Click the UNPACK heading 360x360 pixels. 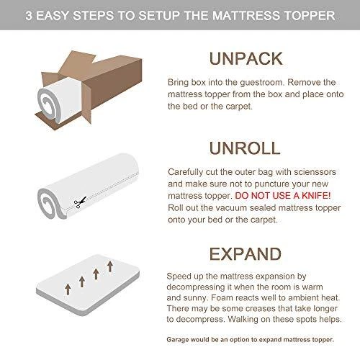pos(246,58)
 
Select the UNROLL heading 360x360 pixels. pos(245,148)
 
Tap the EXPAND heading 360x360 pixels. pos(246,254)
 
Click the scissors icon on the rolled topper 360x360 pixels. pos(80,202)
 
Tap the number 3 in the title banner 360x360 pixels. pos(29,16)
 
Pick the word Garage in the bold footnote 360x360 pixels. pos(176,340)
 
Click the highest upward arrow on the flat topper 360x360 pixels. pos(110,266)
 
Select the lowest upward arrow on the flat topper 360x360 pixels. pos(68,289)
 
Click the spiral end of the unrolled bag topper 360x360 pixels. pos(50,204)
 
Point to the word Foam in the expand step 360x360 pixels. pos(220,298)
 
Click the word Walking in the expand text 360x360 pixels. pos(242,320)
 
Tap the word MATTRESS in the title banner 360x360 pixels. pos(246,16)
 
